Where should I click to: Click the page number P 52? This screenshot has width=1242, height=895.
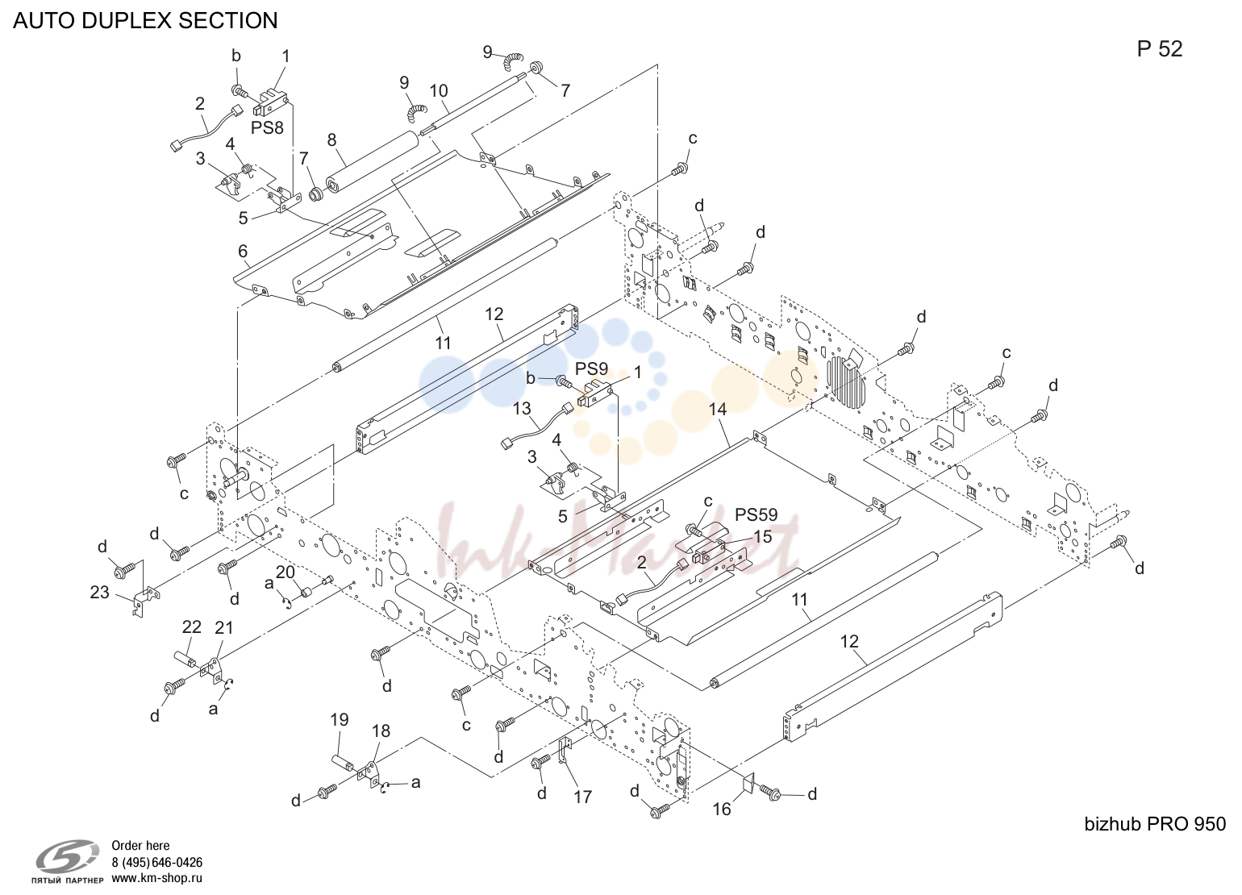point(1160,49)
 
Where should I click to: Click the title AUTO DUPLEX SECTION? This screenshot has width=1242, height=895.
point(145,20)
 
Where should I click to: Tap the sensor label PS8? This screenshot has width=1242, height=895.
point(267,128)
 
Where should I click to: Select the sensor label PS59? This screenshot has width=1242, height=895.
point(756,515)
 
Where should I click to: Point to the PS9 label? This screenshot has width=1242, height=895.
point(591,368)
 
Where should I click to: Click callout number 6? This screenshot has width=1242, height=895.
point(243,252)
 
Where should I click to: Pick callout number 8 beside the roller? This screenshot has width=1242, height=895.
point(331,139)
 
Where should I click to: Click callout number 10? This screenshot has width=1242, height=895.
point(439,90)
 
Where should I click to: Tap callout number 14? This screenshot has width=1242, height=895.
point(718,410)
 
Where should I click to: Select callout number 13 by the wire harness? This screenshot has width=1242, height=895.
point(522,409)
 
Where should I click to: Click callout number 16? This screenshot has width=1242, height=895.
point(721,810)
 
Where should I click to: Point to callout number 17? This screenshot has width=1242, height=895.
point(583,797)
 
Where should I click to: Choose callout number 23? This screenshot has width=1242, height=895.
point(100,593)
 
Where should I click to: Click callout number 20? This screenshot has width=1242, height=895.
point(285,572)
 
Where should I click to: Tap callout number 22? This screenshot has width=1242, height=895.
point(192,627)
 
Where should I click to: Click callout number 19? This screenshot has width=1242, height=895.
point(340,720)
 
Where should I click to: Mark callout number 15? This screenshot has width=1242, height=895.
point(762,536)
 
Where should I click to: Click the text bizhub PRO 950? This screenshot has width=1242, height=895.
point(1155,825)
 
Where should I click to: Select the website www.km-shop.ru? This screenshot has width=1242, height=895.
point(157,878)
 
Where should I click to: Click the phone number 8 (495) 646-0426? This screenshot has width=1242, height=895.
point(157,862)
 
